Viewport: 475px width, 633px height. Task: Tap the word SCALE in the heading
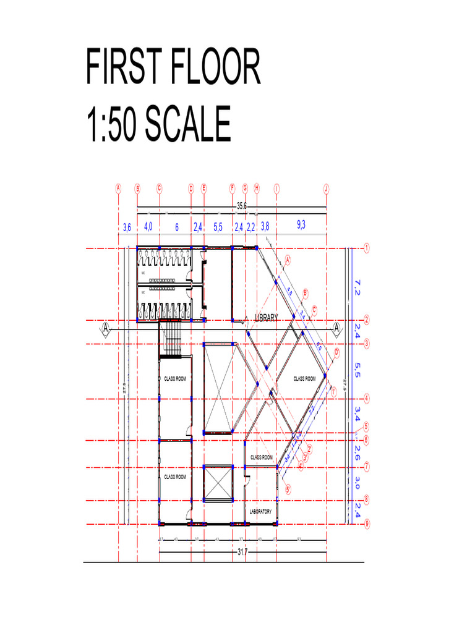[x=186, y=124]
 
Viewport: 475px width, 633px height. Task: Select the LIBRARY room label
[x=267, y=318]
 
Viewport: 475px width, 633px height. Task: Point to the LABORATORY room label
[x=260, y=512]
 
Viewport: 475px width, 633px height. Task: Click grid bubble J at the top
[x=326, y=189]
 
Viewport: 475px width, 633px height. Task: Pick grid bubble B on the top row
[x=137, y=189]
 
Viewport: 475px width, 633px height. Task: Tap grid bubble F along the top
[x=232, y=189]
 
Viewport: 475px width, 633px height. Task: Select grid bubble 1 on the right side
[x=367, y=248]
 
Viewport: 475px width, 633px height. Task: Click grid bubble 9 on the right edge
[x=367, y=524]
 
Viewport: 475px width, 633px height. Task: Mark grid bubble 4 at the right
[x=367, y=399]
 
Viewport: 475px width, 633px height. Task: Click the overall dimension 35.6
[x=242, y=206]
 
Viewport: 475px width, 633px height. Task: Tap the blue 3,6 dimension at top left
[x=127, y=227]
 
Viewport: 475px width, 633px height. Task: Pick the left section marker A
[x=106, y=328]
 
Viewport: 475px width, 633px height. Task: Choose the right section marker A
[x=336, y=328]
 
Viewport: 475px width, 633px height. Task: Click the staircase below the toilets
[x=171, y=340]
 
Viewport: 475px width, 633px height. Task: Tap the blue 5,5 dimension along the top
[x=218, y=227]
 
